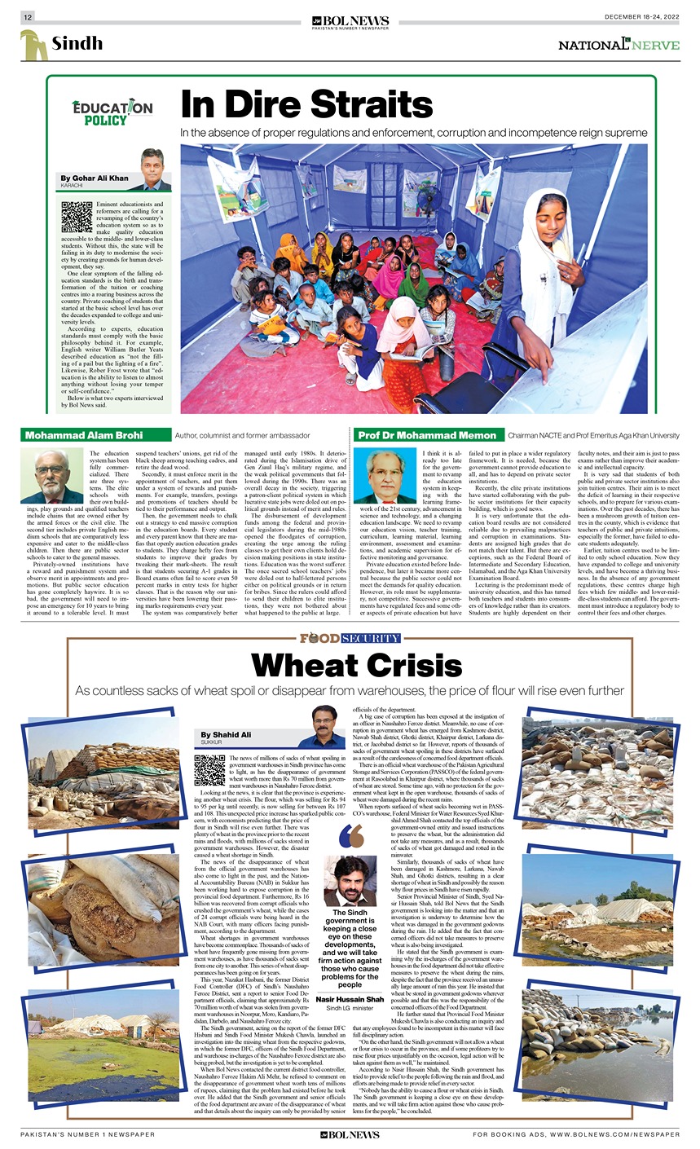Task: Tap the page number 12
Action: coord(27,17)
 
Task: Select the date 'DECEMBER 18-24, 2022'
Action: coord(642,17)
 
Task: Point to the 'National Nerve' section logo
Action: coord(619,45)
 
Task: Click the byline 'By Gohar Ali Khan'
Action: coord(95,178)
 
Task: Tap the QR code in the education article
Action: coord(77,217)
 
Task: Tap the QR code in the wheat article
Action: coord(209,769)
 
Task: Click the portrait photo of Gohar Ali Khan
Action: coord(152,169)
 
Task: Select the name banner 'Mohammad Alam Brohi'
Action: coord(85,435)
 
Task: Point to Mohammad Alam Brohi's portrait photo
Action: coord(52,475)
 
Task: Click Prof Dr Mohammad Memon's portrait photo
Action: coord(386,475)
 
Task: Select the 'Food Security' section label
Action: coord(350,638)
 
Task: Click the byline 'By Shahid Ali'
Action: coord(227,735)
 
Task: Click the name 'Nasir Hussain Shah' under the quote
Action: coord(350,999)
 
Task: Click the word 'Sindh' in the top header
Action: coord(78,43)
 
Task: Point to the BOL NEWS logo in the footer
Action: coord(350,1134)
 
